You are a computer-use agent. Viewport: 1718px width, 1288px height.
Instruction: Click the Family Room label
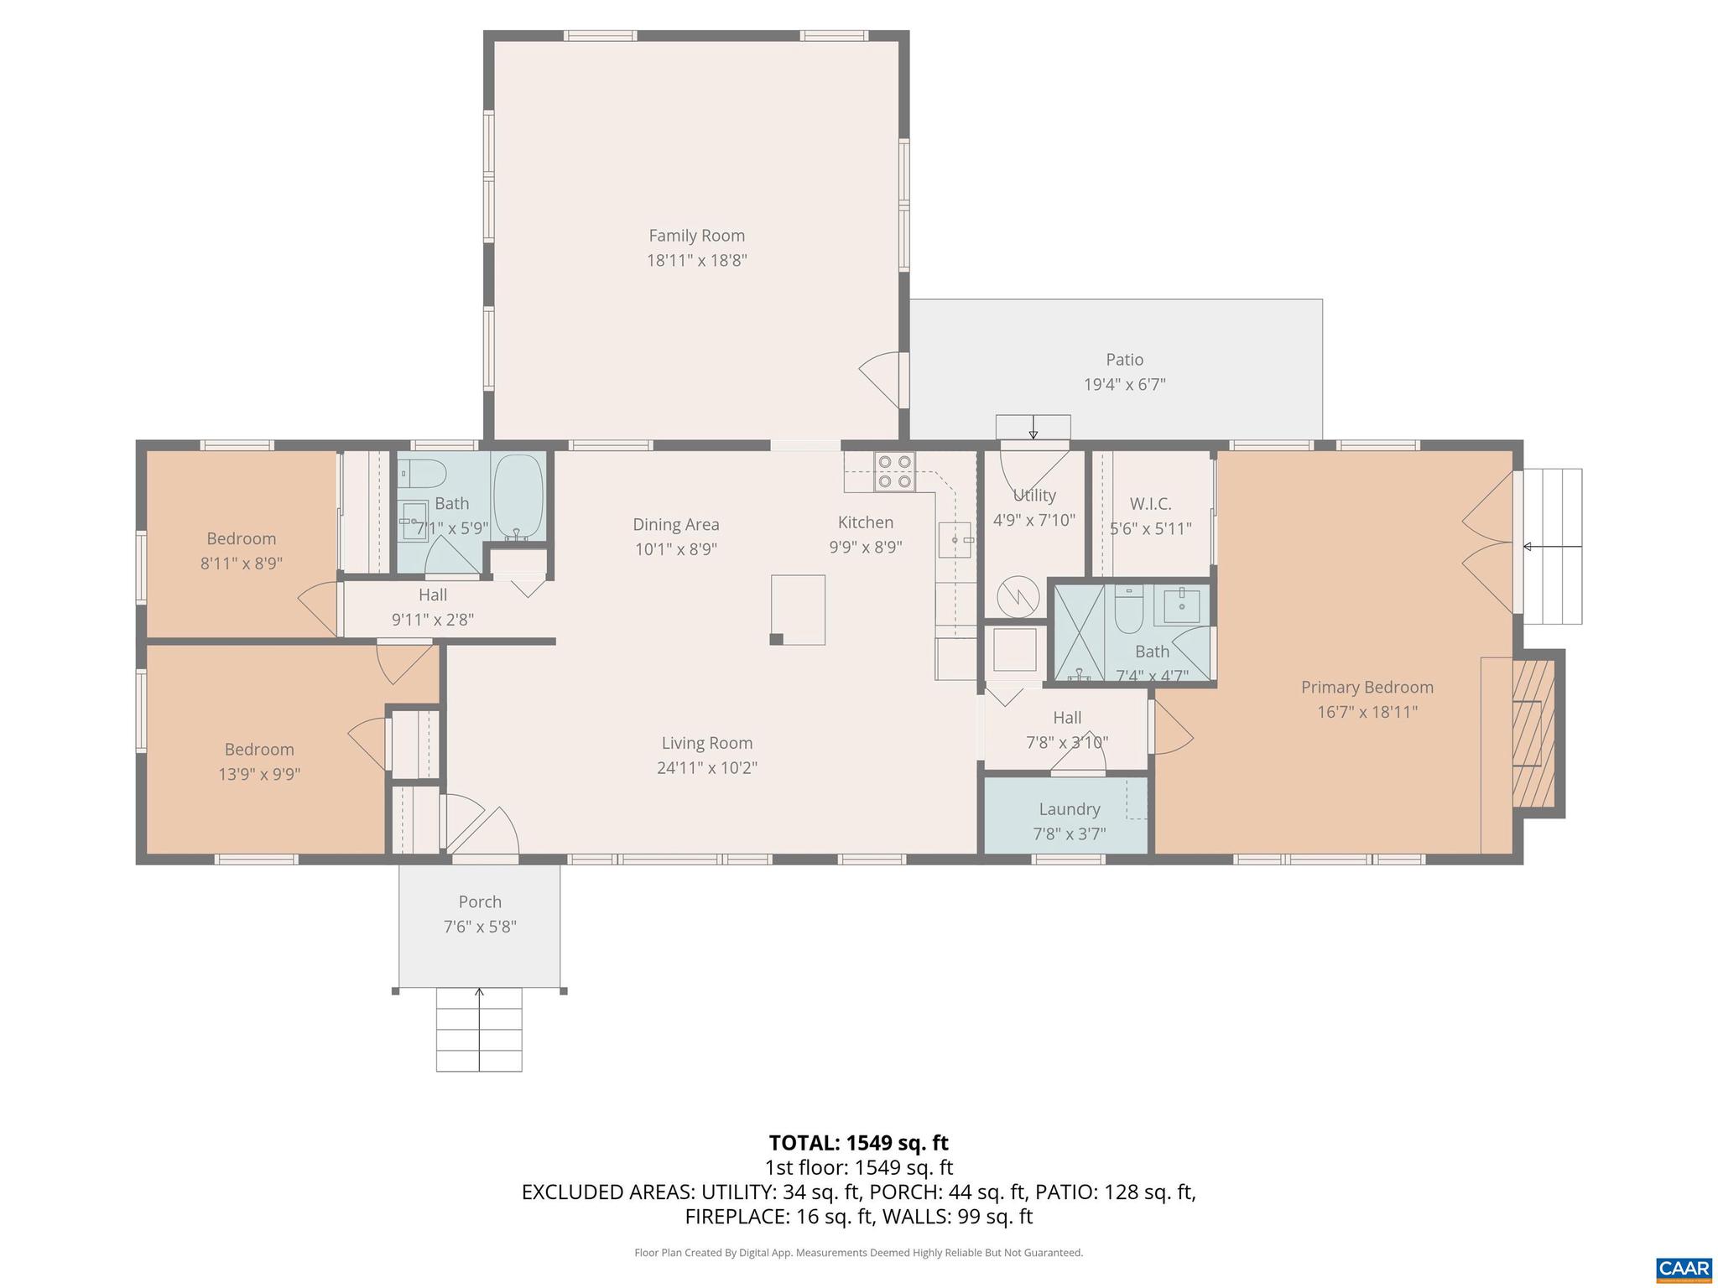click(x=696, y=236)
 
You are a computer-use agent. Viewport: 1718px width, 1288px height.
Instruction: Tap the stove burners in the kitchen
click(x=893, y=471)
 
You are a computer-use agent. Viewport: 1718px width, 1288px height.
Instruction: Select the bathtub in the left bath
click(x=518, y=498)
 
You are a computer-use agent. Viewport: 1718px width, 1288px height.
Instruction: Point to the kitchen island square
click(x=798, y=610)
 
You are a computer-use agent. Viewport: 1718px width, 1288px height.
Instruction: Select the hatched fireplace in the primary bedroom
click(x=1533, y=734)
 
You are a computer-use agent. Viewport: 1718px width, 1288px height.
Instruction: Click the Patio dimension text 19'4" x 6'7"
click(x=1124, y=385)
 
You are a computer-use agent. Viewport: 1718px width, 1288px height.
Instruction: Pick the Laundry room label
click(x=1069, y=809)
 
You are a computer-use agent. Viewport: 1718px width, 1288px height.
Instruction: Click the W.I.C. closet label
click(x=1150, y=504)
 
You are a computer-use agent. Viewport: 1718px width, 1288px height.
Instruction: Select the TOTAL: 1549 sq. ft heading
click(x=858, y=1143)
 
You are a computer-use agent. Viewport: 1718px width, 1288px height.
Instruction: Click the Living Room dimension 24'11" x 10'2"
click(x=706, y=767)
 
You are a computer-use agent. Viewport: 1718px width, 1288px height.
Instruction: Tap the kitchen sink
click(x=955, y=539)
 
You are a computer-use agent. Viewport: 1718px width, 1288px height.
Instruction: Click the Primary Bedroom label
click(x=1367, y=688)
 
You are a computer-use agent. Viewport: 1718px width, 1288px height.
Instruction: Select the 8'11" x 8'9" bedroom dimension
click(x=241, y=563)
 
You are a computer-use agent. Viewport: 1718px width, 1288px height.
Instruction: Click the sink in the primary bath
click(x=1181, y=604)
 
